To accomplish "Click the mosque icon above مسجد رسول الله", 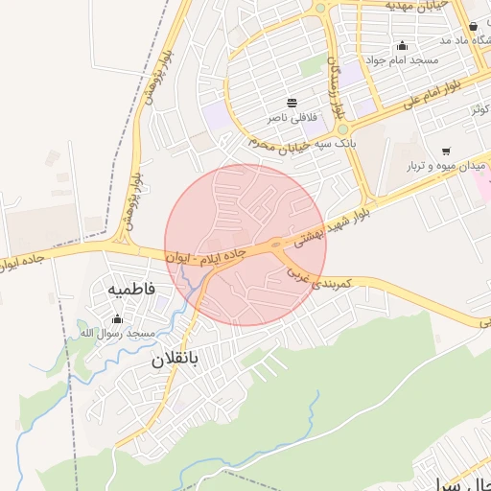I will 118,318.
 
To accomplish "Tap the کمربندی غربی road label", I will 322,278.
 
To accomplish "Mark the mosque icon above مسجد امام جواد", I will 402,45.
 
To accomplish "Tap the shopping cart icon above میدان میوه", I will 446,152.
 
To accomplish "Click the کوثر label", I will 479,108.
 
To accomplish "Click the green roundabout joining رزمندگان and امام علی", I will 342,129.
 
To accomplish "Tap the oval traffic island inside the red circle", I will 277,245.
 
